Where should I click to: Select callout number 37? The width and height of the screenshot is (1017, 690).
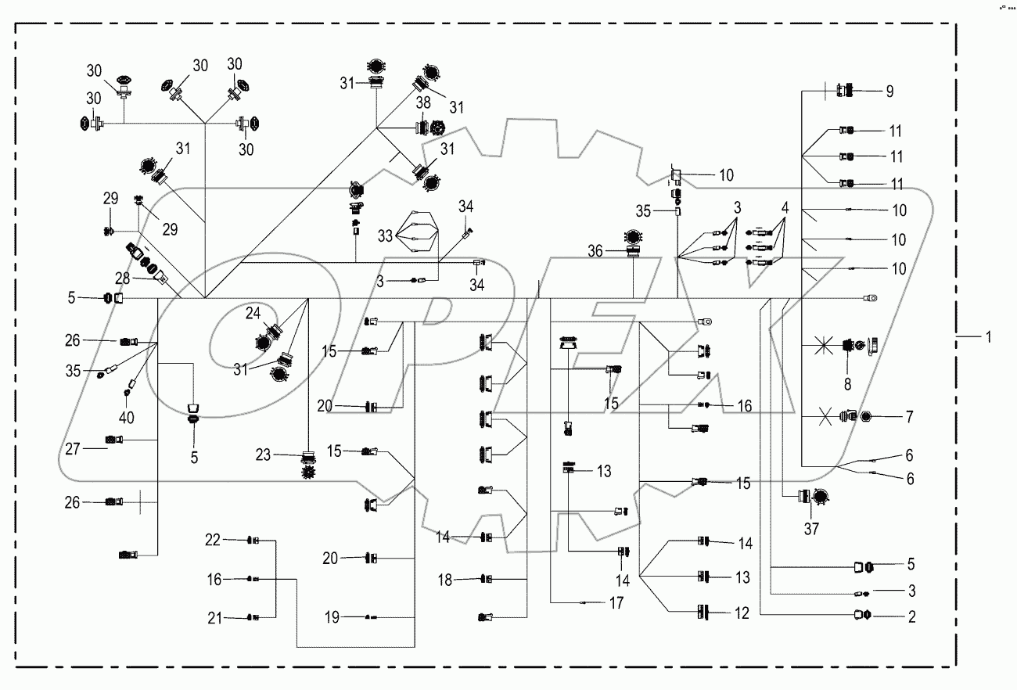[811, 530]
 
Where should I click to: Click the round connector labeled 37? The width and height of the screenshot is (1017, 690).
[818, 497]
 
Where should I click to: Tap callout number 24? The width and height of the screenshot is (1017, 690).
[253, 313]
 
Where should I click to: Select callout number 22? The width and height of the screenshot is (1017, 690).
[213, 540]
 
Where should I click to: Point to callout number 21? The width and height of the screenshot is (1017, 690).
[213, 618]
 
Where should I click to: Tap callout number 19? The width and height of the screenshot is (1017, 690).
[332, 617]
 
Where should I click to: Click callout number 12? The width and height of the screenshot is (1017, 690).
[742, 614]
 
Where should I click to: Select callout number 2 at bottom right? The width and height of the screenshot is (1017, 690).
[910, 617]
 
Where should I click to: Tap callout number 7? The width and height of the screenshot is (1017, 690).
[910, 416]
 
